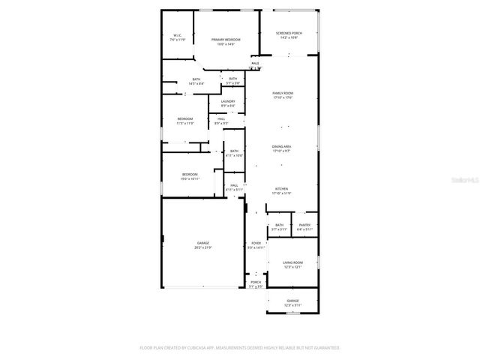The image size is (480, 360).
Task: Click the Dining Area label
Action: pos(282,148)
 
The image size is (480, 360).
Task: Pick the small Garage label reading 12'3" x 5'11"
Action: pos(292,302)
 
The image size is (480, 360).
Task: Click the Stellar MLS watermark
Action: pos(466,181)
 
